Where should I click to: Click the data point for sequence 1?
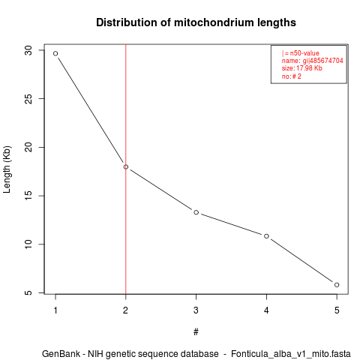pos(55,53)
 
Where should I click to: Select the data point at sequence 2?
pos(126,166)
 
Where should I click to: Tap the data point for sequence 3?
pos(196,212)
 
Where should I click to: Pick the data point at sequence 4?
pos(266,236)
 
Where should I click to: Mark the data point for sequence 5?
pos(337,285)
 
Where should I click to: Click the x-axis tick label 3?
pos(196,310)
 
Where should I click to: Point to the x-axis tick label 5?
pos(337,310)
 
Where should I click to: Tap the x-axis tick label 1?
pos(55,310)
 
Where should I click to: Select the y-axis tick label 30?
pos(29,50)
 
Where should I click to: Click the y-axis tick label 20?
pos(29,147)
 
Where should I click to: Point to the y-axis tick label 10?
pos(29,244)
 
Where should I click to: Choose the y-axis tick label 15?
pos(29,196)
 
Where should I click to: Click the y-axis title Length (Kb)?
pos(7,169)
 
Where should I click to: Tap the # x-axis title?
pos(196,331)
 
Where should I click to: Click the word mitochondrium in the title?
pos(211,22)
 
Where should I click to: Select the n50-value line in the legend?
pos(301,53)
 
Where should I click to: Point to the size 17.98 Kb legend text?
pos(302,68)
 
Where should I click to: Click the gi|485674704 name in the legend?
pos(323,61)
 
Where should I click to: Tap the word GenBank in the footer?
pos(61,354)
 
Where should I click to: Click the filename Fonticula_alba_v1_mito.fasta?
pos(291,354)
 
